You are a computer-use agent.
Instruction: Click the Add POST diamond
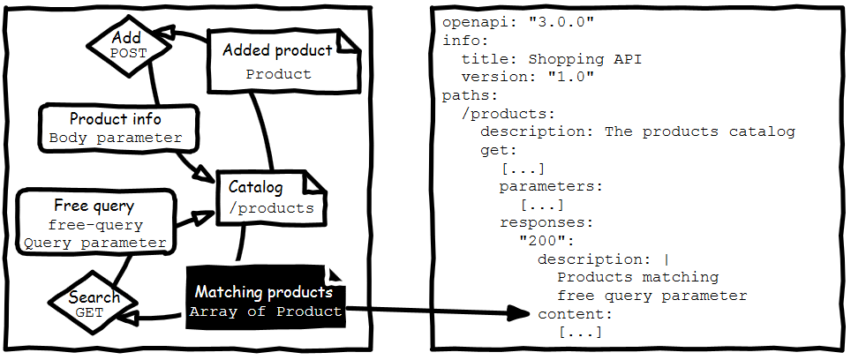point(127,46)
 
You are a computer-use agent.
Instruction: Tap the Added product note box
point(279,60)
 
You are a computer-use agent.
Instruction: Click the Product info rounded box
point(116,128)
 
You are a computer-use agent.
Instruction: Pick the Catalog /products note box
point(271,198)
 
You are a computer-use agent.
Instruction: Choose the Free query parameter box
point(94,224)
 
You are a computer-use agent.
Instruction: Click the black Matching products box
point(265,301)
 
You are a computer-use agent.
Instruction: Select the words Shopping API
point(585,59)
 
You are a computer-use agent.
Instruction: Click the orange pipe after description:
point(666,259)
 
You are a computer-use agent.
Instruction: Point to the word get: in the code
point(499,150)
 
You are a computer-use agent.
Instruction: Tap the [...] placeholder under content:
point(580,332)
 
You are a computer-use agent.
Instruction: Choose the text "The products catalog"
point(699,131)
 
